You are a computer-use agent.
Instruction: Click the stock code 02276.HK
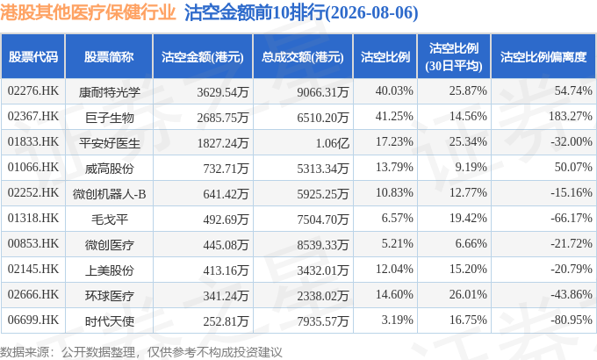point(33,91)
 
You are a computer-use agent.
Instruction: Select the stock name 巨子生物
point(109,118)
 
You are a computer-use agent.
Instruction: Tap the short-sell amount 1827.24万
point(223,143)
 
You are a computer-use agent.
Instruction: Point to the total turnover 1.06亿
point(333,143)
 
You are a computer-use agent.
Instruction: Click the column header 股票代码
point(33,57)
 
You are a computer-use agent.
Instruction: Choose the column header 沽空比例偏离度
point(543,57)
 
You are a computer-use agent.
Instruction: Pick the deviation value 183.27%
point(571,116)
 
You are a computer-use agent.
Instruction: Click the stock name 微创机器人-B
point(109,194)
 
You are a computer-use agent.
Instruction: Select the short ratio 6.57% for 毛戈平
point(397,218)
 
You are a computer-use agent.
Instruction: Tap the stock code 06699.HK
point(33,320)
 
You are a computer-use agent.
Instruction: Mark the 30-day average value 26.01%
point(468,294)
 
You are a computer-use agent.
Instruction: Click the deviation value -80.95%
point(572,320)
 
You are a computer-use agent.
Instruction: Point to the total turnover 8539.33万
point(323,245)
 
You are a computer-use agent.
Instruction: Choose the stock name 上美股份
point(109,270)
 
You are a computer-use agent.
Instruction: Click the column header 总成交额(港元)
point(303,57)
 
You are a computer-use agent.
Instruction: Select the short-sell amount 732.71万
point(226,169)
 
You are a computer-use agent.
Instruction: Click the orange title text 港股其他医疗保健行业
point(88,12)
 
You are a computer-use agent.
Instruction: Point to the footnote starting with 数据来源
point(141,352)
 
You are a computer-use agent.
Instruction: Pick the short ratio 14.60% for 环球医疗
point(394,294)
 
